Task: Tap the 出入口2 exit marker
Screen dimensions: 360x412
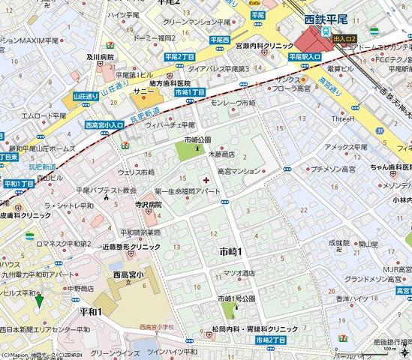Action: (x=344, y=37)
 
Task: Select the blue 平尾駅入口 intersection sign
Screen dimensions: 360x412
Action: (x=305, y=65)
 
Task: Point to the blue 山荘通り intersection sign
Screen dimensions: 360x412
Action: (x=86, y=96)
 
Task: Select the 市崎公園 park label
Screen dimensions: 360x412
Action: (x=197, y=140)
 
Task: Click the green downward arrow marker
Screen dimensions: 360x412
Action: (x=39, y=301)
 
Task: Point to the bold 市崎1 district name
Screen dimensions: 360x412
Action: (x=235, y=250)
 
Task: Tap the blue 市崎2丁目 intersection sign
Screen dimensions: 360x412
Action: (x=269, y=340)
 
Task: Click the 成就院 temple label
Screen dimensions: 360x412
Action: (x=339, y=243)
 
